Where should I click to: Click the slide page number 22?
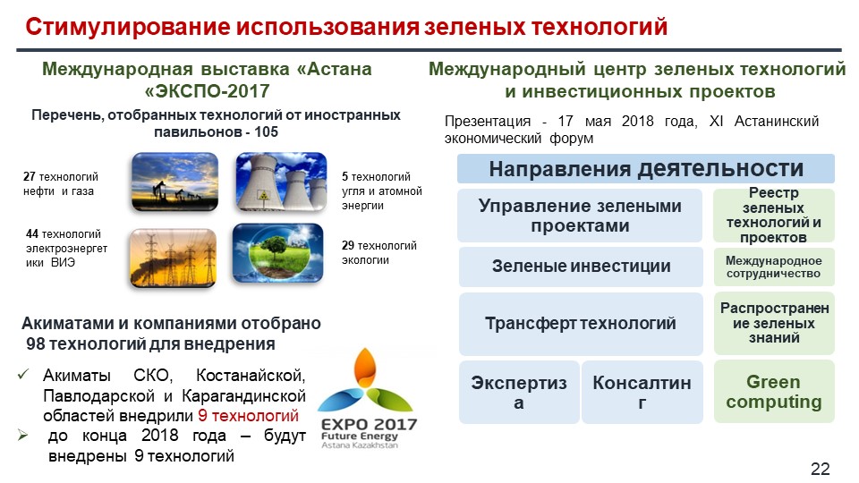(x=821, y=469)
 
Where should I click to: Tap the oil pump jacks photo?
(x=174, y=182)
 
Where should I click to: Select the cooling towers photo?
(x=281, y=182)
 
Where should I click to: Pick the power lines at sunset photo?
(x=173, y=258)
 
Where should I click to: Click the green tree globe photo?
(x=277, y=253)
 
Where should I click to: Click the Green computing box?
(x=773, y=392)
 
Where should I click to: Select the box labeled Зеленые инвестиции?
(x=581, y=267)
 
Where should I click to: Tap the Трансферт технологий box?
(x=581, y=324)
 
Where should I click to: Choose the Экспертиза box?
(x=519, y=392)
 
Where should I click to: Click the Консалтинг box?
(x=642, y=392)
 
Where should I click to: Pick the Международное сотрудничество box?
(x=773, y=267)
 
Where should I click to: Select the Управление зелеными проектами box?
(x=580, y=216)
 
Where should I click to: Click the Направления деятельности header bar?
(x=646, y=169)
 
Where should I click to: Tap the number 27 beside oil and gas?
(x=29, y=177)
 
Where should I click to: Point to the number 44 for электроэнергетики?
(x=32, y=234)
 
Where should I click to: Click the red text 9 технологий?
(x=248, y=416)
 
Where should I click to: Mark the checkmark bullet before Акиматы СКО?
(x=23, y=375)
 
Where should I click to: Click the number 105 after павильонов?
(x=267, y=132)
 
